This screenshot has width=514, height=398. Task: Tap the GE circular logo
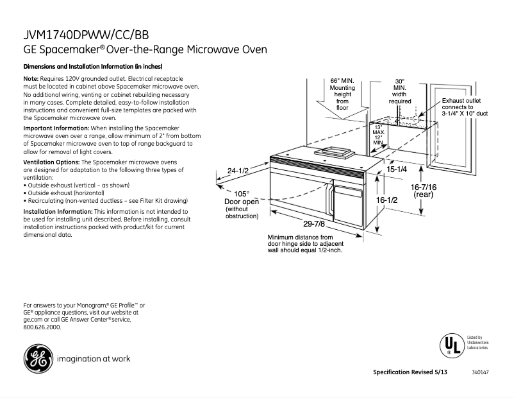click(x=38, y=358)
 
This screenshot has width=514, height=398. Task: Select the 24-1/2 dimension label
click(x=238, y=171)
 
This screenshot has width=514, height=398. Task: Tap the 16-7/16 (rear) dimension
click(x=424, y=189)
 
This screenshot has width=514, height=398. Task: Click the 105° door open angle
click(x=241, y=194)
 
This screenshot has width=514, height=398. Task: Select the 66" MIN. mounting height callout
click(x=342, y=94)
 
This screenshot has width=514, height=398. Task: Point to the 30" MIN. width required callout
click(x=399, y=91)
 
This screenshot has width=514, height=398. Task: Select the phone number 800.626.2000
click(x=42, y=327)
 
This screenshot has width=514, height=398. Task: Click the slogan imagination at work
click(x=94, y=358)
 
